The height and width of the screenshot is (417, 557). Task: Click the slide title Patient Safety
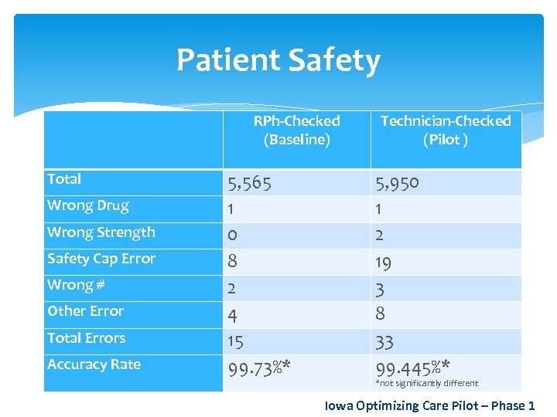coord(278,60)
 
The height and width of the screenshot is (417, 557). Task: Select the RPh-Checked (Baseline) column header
coord(296,130)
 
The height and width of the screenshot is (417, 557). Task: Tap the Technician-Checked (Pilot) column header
coord(446,130)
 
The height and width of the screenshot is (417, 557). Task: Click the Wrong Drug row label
coord(87,205)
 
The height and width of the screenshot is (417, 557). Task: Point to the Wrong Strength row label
coord(101,232)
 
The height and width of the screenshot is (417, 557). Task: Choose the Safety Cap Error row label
coord(101,259)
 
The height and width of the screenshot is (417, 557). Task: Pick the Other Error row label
coord(85,311)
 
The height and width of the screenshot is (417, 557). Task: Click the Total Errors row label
coord(86,337)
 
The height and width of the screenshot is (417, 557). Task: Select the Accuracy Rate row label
coord(94,364)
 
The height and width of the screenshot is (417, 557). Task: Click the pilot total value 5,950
coord(397,183)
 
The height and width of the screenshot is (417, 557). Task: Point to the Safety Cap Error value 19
coord(383,263)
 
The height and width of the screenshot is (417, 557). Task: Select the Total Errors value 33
coord(384,342)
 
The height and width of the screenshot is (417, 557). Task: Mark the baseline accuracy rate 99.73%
coord(258,368)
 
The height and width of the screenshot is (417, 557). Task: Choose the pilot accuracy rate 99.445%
coord(413,366)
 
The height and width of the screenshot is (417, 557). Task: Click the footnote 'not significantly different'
coord(426,383)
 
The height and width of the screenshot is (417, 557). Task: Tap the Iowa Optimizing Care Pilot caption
coord(429,405)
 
